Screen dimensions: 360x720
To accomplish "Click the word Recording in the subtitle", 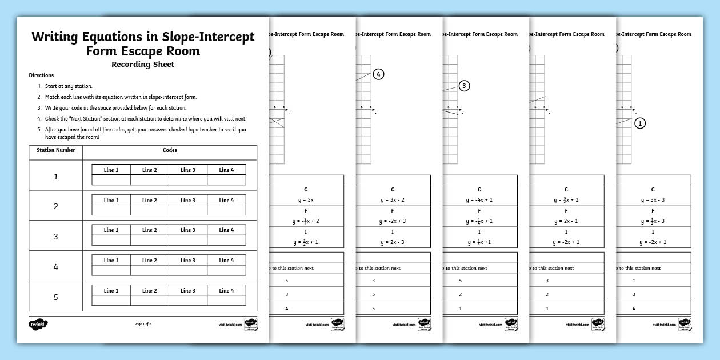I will coord(129,64).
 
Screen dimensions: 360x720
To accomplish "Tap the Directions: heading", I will coord(42,75).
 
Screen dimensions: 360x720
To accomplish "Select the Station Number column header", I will coord(55,151).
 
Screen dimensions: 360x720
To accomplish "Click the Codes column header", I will coord(170,151).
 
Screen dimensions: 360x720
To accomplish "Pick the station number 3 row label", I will coord(55,236).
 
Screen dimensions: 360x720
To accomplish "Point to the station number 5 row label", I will coord(55,297).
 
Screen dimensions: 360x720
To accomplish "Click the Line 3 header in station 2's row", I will coord(188,201).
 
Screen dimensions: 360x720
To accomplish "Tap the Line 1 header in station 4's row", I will coord(111,261).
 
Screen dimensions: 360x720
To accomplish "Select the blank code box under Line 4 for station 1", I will coord(226,180).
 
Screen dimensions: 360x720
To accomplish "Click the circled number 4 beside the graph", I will coord(378,74).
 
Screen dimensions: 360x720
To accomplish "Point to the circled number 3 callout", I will coord(465,86).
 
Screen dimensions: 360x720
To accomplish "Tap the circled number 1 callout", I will coord(640,123).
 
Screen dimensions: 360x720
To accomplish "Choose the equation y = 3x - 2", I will coord(393,200).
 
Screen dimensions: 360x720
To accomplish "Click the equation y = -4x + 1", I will coord(479,200).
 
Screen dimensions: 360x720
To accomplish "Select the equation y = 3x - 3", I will coord(653,200).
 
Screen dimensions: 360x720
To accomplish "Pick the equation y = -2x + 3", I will coord(393,221).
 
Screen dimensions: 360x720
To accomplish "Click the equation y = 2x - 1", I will coord(566,221).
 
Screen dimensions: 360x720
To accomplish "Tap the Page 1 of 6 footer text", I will coord(143,324).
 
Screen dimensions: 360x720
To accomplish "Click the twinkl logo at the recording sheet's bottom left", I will coord(38,324).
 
